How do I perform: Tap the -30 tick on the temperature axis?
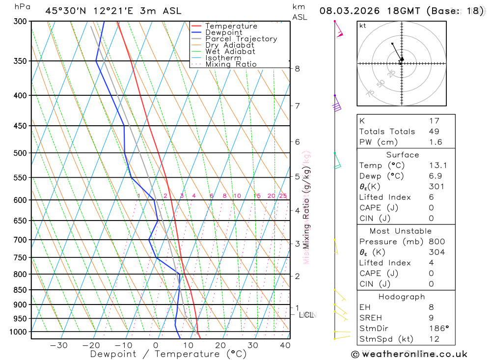(59, 345)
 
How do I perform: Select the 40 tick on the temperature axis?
(285, 345)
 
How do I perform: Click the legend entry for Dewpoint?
(223, 32)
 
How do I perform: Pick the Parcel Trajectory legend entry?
(241, 39)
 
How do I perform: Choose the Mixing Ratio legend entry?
(231, 64)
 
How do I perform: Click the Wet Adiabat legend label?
(230, 52)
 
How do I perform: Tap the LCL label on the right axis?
(306, 315)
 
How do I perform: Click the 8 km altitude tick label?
(298, 69)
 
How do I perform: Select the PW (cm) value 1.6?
(436, 142)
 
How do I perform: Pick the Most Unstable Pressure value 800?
(436, 242)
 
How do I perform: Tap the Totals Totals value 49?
(434, 131)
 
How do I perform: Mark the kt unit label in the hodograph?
(363, 26)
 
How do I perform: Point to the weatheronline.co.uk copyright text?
(409, 354)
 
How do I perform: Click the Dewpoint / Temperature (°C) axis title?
(168, 354)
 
